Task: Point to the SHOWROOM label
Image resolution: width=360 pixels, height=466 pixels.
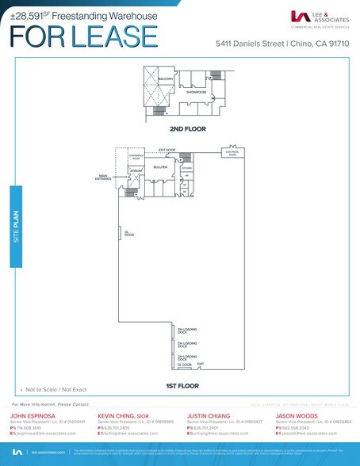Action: tap(196, 92)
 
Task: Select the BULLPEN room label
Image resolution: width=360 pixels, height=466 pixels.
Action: tap(159, 166)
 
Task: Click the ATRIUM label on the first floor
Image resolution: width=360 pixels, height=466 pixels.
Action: tap(135, 170)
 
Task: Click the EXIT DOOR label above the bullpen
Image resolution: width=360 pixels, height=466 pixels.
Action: tap(167, 149)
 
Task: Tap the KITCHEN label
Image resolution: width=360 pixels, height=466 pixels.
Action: tap(187, 168)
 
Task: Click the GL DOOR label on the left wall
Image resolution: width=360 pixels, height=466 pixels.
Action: tap(128, 233)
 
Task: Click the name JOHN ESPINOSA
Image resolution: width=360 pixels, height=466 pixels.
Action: tap(31, 414)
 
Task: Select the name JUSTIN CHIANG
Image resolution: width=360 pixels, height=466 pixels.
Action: tap(209, 414)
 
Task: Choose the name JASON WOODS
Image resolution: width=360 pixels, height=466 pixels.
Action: tap(297, 414)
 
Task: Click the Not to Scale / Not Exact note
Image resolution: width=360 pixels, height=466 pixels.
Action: tap(51, 391)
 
